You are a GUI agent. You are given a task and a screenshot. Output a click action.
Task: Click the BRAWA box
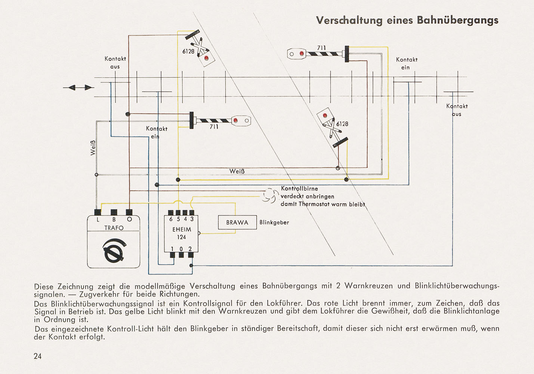pos(237,222)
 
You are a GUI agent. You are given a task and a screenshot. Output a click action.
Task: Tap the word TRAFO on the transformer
pos(114,228)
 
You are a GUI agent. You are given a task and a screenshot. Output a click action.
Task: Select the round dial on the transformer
pos(114,250)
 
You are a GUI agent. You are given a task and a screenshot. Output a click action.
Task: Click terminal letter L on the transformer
pos(98,220)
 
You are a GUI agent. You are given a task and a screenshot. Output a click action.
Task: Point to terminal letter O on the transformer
pos(129,219)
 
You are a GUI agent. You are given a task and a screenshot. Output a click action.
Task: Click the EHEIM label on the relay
pos(182,230)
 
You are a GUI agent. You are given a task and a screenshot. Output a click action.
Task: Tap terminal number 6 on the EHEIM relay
pos(171,219)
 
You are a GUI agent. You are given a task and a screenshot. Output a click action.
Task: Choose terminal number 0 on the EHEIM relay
pos(181,249)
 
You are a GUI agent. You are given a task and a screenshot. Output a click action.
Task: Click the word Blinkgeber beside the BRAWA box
pos(274,222)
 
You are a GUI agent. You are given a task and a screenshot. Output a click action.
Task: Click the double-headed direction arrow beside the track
pos(78,88)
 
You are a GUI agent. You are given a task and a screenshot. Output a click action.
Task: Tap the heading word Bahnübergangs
pos(457,21)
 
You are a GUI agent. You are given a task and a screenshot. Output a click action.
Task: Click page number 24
pos(38,356)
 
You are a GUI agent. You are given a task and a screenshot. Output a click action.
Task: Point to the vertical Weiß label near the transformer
pos(93,148)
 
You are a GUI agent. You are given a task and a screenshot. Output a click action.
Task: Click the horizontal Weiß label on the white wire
pos(237,171)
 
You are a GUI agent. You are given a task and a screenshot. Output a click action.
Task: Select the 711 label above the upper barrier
pos(321,48)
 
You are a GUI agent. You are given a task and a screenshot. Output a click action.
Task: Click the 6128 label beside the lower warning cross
pos(342,124)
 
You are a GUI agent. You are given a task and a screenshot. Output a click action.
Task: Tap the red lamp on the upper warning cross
pos(206,58)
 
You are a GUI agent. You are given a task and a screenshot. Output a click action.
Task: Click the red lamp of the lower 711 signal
pos(235,120)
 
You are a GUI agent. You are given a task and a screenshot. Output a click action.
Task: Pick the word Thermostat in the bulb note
pos(315,204)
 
